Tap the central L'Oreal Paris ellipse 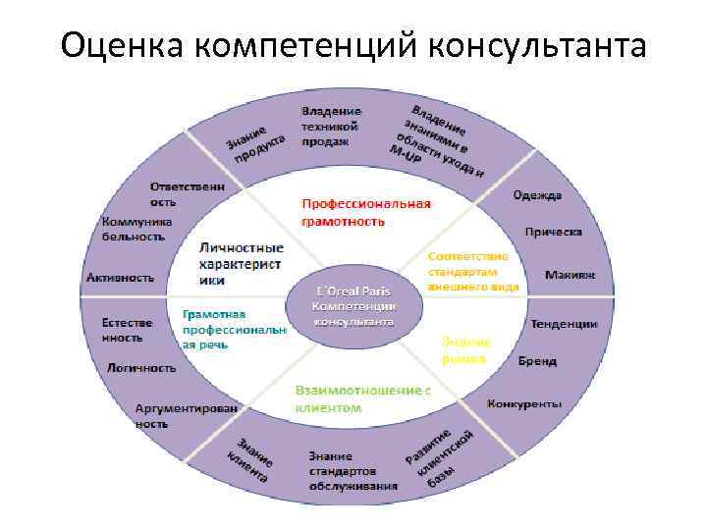click(354, 305)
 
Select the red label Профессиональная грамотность click(365, 213)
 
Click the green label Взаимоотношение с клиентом click(362, 397)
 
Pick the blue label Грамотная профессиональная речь click(233, 328)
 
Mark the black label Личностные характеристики click(241, 263)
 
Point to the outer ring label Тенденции click(564, 323)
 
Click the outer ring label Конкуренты click(523, 402)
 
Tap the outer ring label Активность click(120, 278)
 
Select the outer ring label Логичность click(142, 367)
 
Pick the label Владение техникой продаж click(330, 126)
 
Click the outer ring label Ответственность click(186, 192)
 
